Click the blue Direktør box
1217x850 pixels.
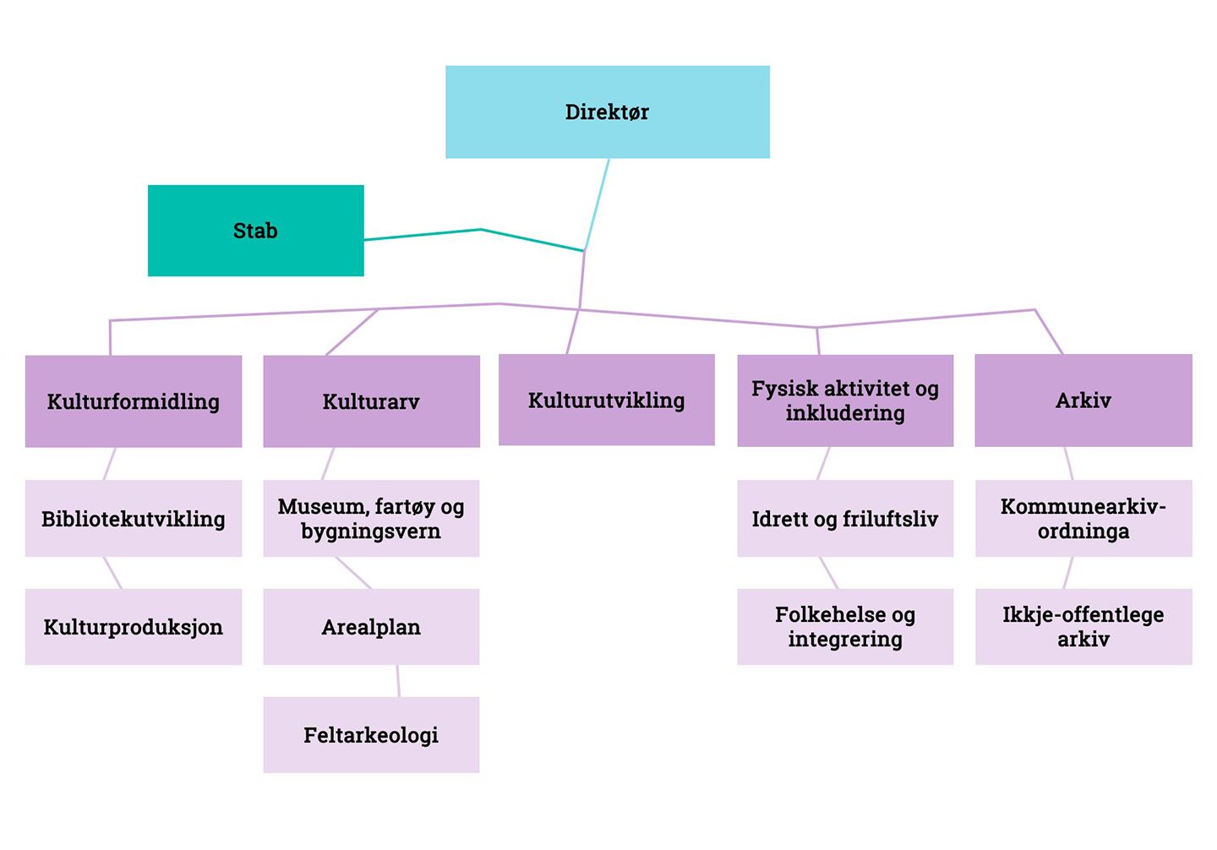point(607,112)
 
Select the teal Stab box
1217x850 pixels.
point(255,231)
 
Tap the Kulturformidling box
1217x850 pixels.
point(134,401)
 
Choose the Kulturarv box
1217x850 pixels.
point(371,401)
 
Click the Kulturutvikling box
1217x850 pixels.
point(606,400)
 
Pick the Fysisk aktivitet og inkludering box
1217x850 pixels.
point(845,400)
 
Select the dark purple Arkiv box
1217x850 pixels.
point(1083,400)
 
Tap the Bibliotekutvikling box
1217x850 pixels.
point(134,519)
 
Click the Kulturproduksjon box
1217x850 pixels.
point(134,627)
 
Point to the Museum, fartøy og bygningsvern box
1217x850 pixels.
point(371,519)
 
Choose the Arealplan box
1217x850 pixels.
point(371,627)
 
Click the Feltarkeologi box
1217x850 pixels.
point(371,735)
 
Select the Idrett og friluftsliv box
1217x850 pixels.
point(845,519)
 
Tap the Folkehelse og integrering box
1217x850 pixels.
point(845,627)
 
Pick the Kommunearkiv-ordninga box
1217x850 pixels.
point(1083,519)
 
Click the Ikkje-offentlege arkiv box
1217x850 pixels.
point(1083,627)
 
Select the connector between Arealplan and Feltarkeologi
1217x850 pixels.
point(398,681)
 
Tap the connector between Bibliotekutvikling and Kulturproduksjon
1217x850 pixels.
point(112,573)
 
